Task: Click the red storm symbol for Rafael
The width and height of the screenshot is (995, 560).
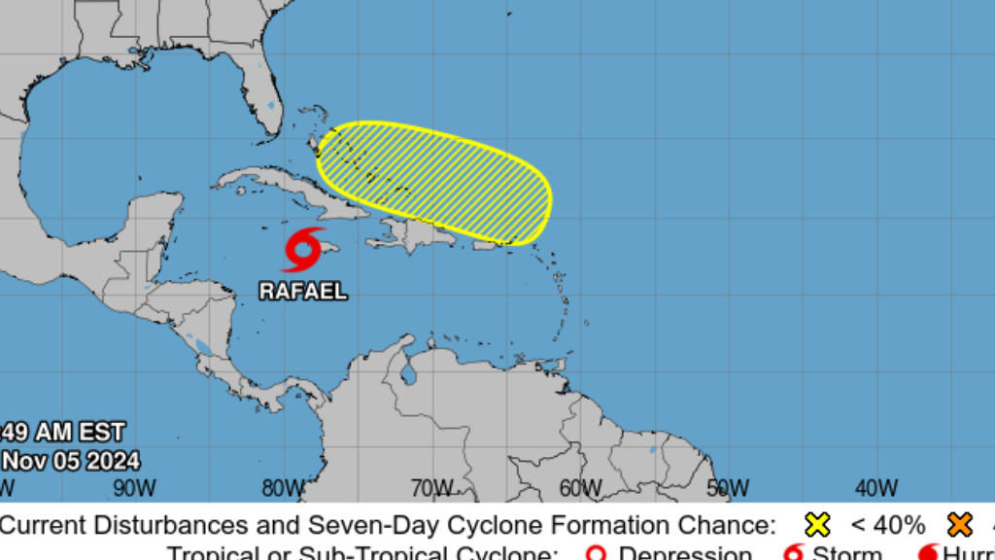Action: [x=302, y=250]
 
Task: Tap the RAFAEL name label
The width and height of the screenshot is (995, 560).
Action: [x=302, y=291]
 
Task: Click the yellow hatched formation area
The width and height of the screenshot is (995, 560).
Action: [x=434, y=181]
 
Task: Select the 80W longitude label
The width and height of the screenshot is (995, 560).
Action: [x=282, y=487]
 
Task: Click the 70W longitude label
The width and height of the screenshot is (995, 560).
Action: [x=430, y=487]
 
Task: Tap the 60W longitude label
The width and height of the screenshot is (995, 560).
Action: [x=579, y=487]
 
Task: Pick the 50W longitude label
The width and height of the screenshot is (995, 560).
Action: [x=728, y=487]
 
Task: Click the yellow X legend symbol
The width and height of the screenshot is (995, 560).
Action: [x=817, y=526]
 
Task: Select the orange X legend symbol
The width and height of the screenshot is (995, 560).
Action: [x=960, y=526]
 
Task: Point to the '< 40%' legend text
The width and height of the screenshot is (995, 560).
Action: [x=887, y=526]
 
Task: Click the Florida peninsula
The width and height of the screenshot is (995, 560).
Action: [x=266, y=102]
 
